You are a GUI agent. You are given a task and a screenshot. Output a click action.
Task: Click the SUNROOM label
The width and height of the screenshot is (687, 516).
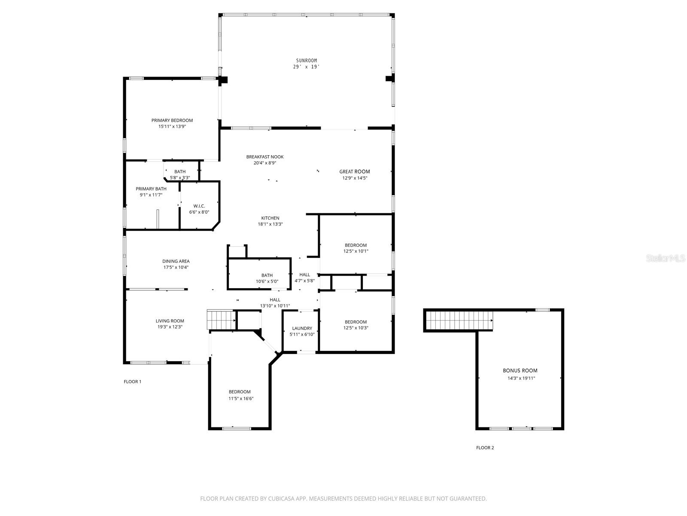coord(306,61)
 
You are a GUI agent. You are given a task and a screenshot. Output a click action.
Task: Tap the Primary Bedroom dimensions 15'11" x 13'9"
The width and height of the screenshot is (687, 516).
coord(172,126)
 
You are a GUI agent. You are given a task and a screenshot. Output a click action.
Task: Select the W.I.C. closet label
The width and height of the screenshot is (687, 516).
coord(199,206)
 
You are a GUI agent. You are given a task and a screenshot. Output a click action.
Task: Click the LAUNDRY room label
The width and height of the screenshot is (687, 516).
coord(302,328)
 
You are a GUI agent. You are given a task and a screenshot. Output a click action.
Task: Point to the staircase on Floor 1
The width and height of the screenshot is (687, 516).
coord(221,319)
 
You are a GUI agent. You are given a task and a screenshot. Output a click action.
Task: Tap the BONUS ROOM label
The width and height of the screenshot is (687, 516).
coord(520,370)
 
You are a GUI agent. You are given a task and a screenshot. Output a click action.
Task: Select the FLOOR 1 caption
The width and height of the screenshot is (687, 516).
coord(132,381)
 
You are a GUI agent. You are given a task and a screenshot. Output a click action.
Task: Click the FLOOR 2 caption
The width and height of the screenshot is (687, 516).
coord(485,448)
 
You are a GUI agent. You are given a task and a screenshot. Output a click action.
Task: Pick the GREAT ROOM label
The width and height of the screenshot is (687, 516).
coord(354,172)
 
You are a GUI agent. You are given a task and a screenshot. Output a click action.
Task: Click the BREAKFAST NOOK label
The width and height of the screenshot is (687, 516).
coord(264,157)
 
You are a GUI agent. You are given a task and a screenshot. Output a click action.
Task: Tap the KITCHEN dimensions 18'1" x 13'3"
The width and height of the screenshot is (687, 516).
coord(270,224)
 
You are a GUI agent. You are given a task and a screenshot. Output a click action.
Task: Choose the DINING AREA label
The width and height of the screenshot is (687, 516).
coord(176,261)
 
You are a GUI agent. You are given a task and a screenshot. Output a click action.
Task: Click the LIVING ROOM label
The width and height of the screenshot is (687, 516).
coord(170,321)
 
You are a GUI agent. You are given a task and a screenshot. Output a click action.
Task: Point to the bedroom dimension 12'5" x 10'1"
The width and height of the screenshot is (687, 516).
coord(356,251)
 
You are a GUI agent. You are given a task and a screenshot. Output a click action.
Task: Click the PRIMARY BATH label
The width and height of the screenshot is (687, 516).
coord(151,189)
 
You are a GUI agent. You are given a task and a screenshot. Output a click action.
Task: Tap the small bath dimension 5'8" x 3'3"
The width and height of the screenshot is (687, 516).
coord(179,178)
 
